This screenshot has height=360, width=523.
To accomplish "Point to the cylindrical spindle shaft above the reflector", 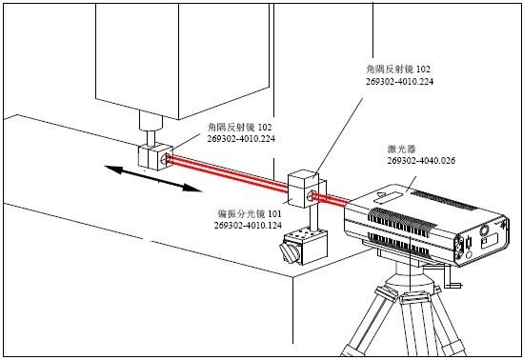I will coord(146,127).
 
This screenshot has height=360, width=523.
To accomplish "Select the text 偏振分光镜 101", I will coord(249,214).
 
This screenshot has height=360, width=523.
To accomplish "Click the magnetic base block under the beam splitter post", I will coord(311,245).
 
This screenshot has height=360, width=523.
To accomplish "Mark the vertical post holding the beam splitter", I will coord(304,218).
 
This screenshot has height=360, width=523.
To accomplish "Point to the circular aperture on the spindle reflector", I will coord(168,158).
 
